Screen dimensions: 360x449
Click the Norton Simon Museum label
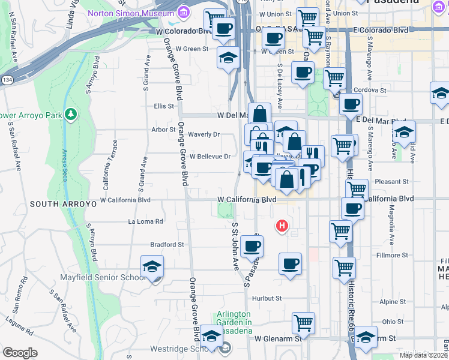pos(131,13)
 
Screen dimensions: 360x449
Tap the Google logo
pos(20,352)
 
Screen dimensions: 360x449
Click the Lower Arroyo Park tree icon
pos(71,113)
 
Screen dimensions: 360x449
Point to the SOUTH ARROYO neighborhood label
pos(63,204)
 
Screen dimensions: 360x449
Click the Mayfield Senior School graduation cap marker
pos(152,266)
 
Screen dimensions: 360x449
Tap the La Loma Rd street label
pos(146,221)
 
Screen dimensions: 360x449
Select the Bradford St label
pos(167,245)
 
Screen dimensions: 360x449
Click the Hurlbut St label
pos(267,298)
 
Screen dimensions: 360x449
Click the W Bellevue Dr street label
pos(210,157)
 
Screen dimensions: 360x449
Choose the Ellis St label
pos(163,106)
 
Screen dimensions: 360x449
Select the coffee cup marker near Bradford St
pos(252,245)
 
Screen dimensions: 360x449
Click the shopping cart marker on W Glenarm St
pos(304,323)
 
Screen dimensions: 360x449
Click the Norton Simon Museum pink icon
pos(183,12)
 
